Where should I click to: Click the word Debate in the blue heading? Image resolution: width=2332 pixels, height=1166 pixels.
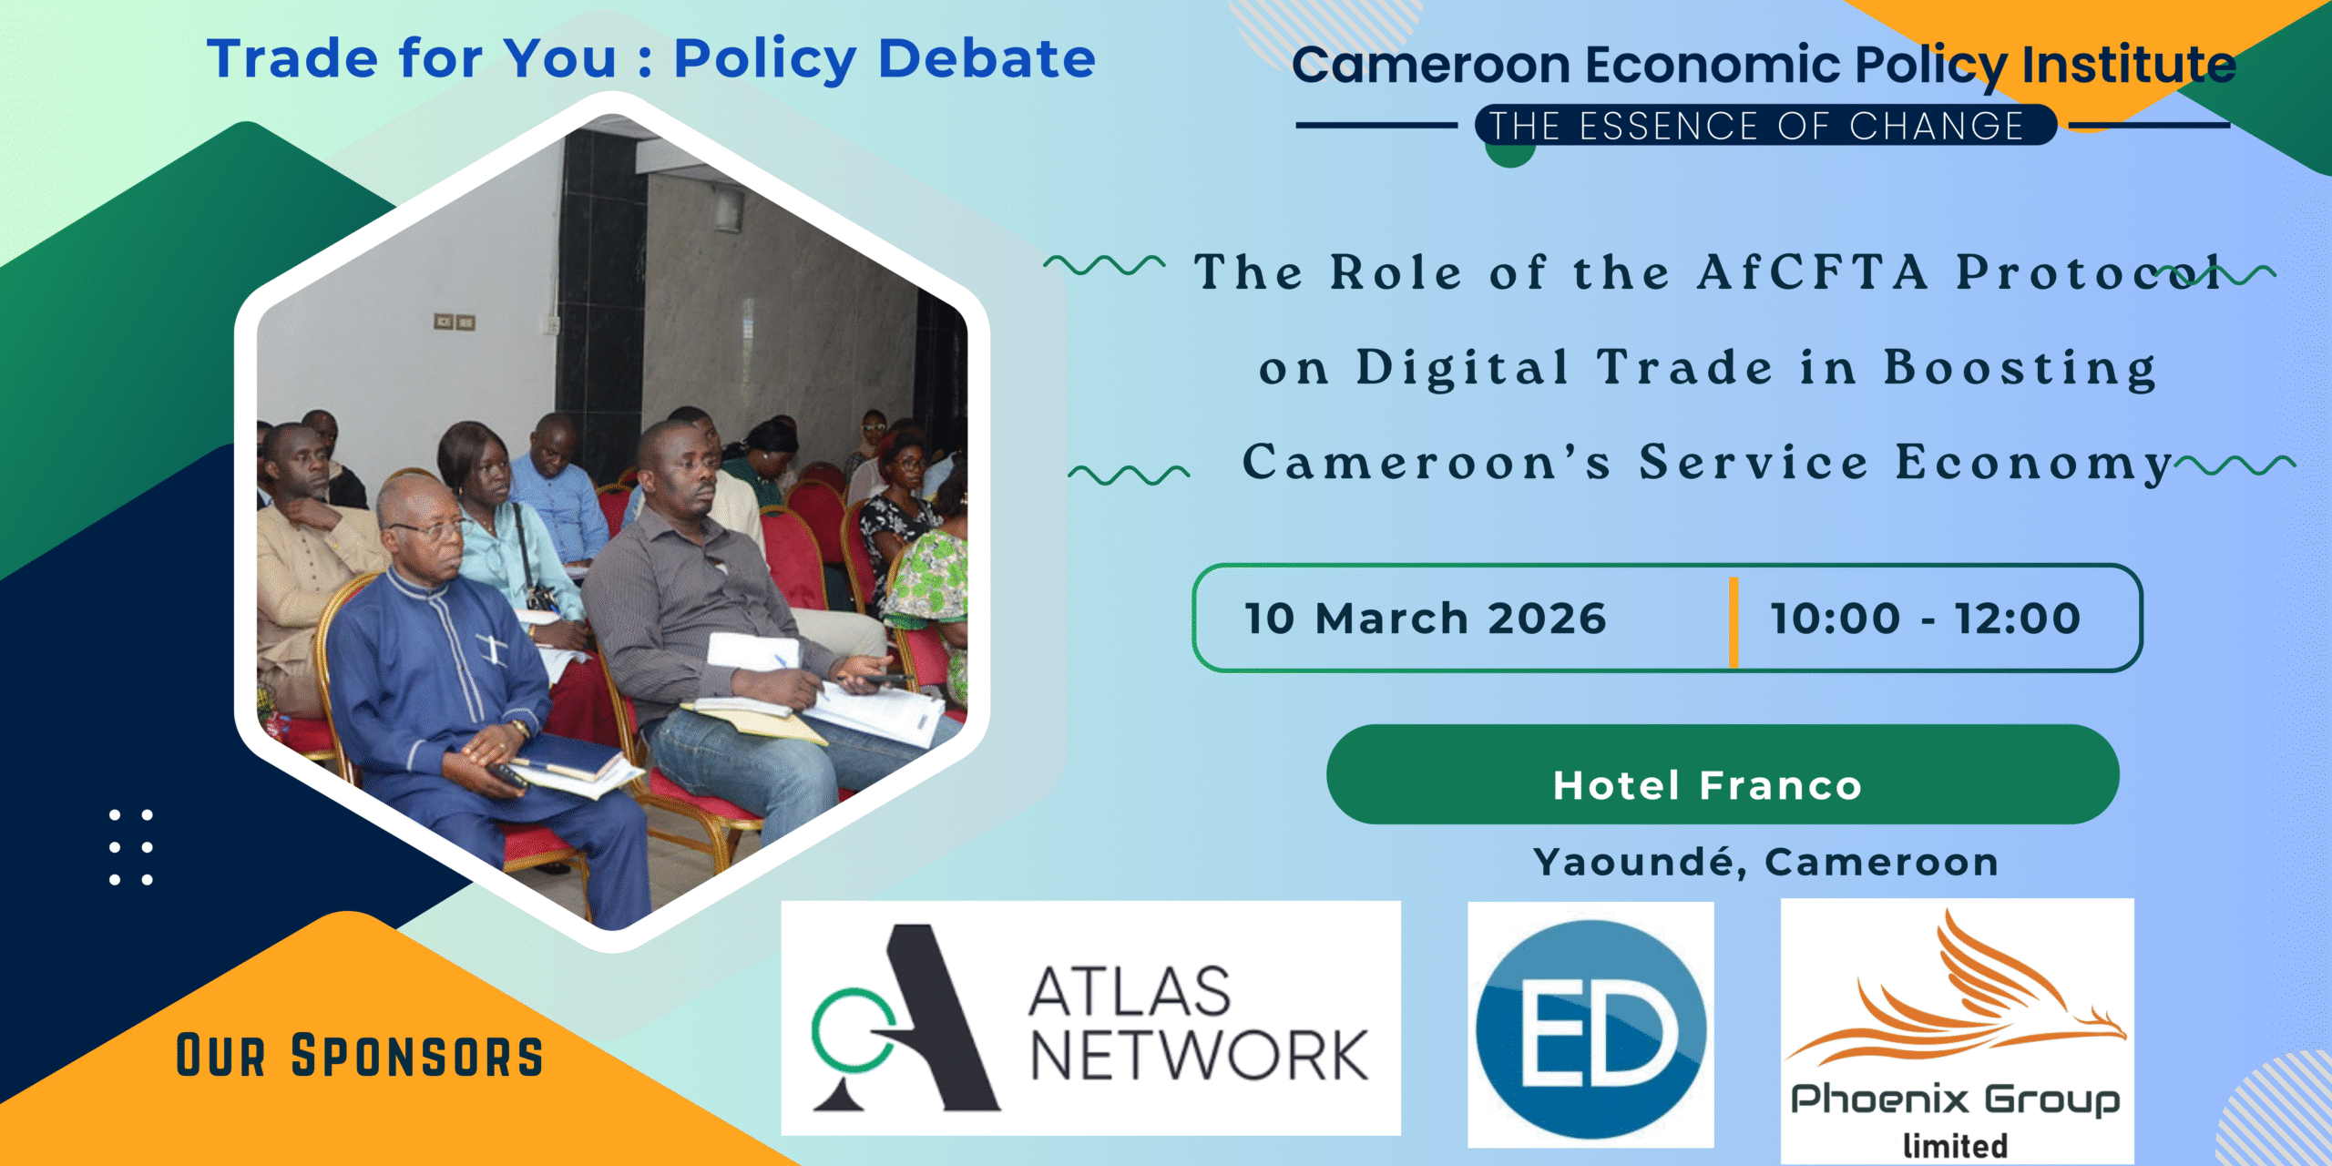987,59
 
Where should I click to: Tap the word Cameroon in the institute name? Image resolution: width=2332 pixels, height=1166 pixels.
1431,66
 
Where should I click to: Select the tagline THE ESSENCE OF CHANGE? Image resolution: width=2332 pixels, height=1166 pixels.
1756,126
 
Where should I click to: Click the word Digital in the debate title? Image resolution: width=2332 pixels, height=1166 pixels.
1462,368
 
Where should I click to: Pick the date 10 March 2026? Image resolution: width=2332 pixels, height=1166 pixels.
1426,619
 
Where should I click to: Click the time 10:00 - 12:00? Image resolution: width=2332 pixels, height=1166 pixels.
1925,619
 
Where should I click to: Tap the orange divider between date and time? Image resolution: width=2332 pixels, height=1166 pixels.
1734,622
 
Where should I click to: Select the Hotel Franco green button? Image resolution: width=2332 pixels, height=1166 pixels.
1723,774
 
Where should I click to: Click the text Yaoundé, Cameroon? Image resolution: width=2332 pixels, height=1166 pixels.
1765,862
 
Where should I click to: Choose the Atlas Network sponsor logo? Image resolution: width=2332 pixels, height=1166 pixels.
1090,1018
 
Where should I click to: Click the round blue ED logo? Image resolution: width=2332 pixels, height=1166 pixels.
1590,1029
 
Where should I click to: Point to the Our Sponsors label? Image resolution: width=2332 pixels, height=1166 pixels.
359,1056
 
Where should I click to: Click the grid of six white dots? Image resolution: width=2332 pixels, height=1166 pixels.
130,847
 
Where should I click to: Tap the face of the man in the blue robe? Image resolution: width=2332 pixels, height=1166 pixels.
434,537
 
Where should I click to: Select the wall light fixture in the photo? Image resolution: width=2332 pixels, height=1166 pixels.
726,208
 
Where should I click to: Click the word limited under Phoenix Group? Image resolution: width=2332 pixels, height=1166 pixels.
1955,1145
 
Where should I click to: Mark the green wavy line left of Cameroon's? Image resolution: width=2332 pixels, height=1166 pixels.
1129,474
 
